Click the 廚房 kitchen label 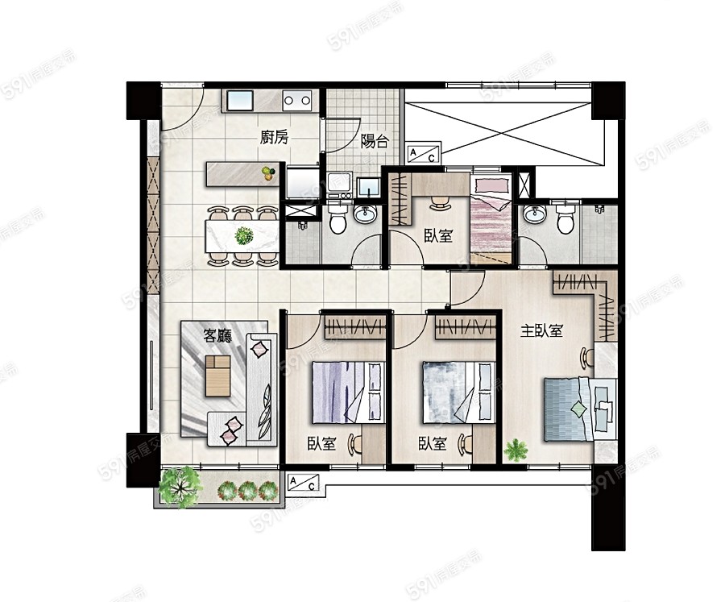(x=274, y=138)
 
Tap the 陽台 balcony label (x=375, y=141)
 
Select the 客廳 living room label (x=217, y=335)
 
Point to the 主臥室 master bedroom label (x=541, y=331)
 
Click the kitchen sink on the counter (x=239, y=100)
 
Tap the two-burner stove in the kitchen (x=296, y=100)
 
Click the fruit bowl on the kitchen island (x=267, y=173)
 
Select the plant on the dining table (x=243, y=236)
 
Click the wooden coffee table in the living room (x=217, y=376)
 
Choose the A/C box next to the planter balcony (x=303, y=483)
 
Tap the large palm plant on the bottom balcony (x=180, y=486)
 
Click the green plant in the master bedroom (x=516, y=450)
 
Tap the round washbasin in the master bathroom (x=535, y=215)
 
